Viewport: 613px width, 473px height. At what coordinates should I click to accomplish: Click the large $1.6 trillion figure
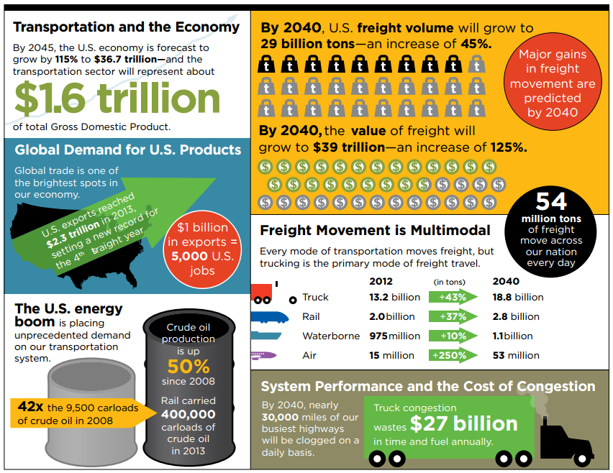(x=117, y=98)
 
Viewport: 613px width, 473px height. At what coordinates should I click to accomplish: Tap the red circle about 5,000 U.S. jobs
(x=202, y=248)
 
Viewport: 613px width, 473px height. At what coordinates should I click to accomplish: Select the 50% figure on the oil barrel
(x=189, y=365)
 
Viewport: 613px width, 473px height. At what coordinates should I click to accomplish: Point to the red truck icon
(x=263, y=295)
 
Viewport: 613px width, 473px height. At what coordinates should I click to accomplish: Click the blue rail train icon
(x=270, y=317)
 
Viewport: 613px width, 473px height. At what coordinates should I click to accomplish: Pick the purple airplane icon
(x=264, y=355)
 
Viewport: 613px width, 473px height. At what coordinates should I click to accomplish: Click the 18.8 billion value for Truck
(x=518, y=297)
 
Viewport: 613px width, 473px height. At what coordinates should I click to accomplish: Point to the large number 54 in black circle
(x=551, y=201)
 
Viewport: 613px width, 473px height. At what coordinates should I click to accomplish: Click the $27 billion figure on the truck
(x=463, y=424)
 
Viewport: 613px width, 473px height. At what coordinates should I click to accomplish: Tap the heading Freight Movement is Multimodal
(x=375, y=231)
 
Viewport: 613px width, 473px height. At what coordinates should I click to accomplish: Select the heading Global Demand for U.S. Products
(x=127, y=150)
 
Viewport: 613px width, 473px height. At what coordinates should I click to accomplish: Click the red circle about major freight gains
(x=553, y=83)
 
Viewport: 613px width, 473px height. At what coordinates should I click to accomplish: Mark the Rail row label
(x=312, y=316)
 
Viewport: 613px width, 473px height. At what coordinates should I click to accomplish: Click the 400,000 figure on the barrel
(x=188, y=414)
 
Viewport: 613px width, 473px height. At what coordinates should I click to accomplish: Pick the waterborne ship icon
(x=266, y=336)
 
